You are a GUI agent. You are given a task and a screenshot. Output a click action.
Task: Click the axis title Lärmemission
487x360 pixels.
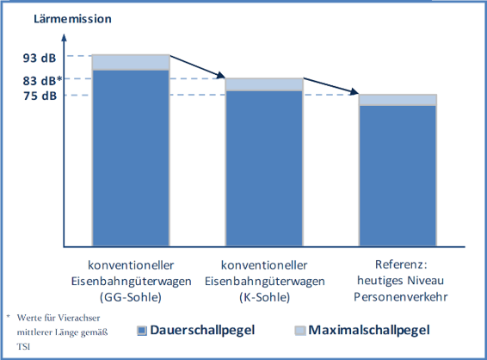coord(72,19)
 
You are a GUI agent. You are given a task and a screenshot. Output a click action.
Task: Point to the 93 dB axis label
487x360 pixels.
coord(40,58)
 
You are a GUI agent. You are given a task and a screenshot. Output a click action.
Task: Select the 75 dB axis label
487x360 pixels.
coord(40,96)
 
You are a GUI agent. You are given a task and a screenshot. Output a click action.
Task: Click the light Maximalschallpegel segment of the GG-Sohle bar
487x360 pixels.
coord(131,63)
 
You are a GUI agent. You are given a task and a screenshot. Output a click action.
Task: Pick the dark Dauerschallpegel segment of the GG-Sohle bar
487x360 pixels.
coord(131,158)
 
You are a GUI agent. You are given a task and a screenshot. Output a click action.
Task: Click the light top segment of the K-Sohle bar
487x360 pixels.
coord(264,84)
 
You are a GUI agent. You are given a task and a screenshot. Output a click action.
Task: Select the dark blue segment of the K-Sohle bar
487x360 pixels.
coord(264,169)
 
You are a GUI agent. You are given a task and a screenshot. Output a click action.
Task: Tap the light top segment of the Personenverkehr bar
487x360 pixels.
coord(398,100)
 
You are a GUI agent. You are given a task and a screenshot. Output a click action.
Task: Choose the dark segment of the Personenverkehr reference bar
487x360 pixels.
coord(398,176)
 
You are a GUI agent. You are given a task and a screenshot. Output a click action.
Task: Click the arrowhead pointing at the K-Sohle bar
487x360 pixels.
coord(220,75)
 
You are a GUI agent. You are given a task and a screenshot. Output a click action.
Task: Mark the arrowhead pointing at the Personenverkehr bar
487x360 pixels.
coord(354,91)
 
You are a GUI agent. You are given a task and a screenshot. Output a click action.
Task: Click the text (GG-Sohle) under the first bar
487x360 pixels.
coord(131,297)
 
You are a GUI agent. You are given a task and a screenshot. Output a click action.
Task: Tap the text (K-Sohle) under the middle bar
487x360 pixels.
coord(265,297)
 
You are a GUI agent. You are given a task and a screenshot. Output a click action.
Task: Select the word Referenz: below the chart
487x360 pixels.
coord(401,264)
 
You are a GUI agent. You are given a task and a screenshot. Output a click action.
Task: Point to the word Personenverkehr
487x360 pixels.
coord(401,297)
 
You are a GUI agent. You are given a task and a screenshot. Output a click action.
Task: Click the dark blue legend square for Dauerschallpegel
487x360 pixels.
coord(142,331)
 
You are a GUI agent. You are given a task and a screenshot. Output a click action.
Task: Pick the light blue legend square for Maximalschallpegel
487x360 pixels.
coord(300,331)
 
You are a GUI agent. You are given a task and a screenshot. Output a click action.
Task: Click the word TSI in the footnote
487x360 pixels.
coord(23,346)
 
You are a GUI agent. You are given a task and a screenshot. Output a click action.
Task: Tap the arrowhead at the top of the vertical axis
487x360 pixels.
coord(64,37)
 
